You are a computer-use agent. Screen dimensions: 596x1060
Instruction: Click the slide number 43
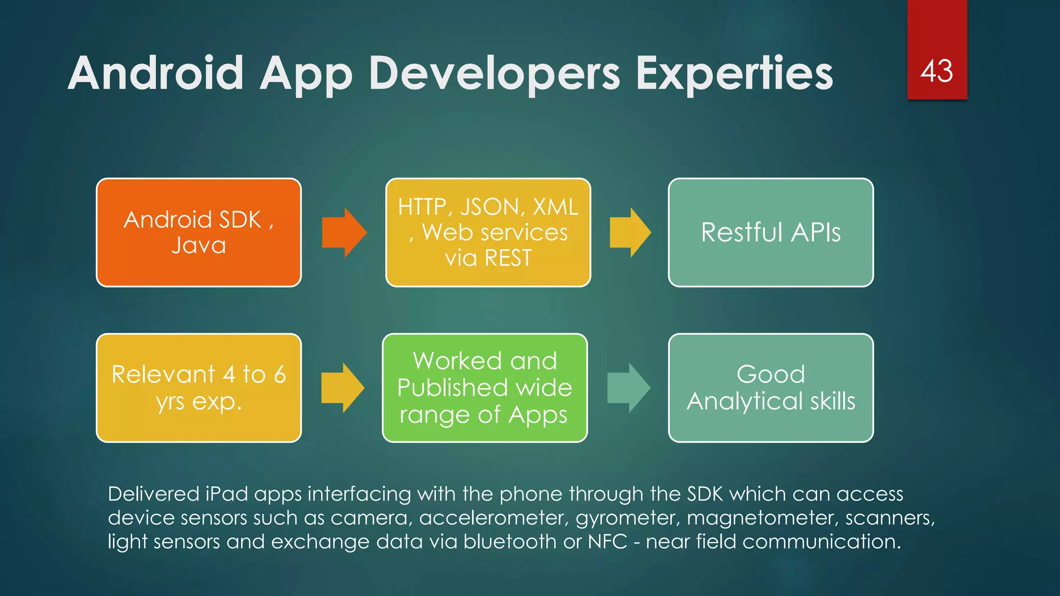(x=937, y=71)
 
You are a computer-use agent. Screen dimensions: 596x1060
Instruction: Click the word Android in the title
(x=155, y=73)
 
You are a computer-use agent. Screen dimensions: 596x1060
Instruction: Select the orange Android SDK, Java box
(x=199, y=232)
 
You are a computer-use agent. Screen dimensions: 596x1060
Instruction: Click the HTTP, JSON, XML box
(x=488, y=232)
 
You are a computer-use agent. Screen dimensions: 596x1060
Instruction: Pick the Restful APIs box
(x=771, y=232)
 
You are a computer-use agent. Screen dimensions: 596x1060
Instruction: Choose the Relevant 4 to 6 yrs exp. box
(x=199, y=388)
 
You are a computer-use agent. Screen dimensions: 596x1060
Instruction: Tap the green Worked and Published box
(x=484, y=388)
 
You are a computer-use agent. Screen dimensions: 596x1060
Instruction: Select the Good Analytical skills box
(x=771, y=388)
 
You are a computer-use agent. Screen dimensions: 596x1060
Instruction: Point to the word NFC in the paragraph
(x=607, y=542)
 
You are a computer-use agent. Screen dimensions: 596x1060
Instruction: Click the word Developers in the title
(x=494, y=73)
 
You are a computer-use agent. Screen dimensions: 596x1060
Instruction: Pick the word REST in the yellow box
(x=508, y=258)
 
